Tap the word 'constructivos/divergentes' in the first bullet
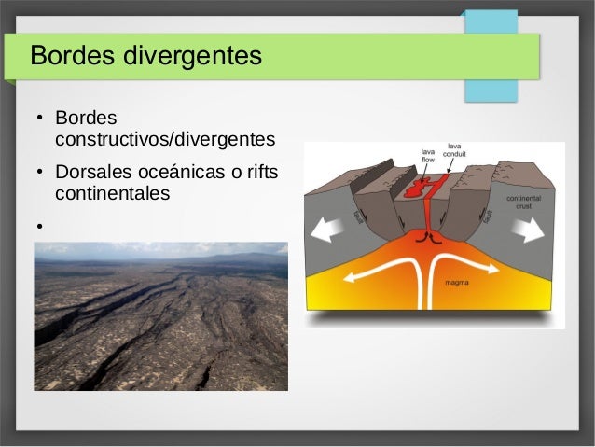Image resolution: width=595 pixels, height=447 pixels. (165, 140)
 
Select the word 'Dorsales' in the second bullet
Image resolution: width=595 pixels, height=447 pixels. (91, 174)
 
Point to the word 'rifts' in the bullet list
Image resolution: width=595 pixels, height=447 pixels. (260, 174)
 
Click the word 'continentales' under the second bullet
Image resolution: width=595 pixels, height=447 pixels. (113, 194)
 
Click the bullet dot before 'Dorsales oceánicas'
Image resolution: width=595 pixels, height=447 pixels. (40, 175)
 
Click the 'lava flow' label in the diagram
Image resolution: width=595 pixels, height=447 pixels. (428, 156)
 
